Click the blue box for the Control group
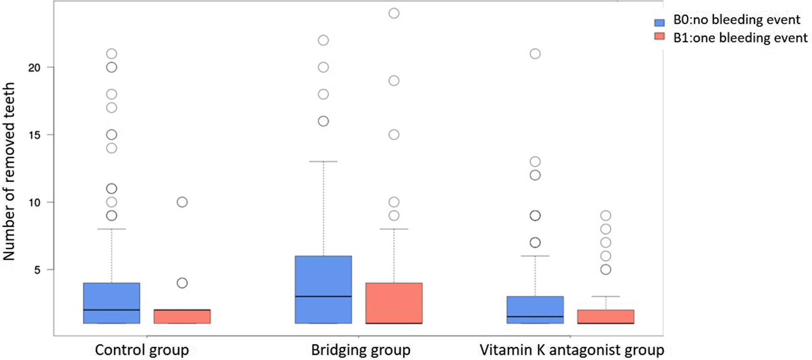tap(111, 303)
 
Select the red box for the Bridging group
tap(394, 303)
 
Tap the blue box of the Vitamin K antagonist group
tap(535, 310)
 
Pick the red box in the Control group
tap(182, 316)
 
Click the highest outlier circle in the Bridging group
tap(394, 13)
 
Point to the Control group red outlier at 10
tap(182, 202)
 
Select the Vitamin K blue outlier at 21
tap(535, 54)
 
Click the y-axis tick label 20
tap(34, 67)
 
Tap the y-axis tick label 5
tap(37, 270)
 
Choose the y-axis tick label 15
tap(34, 135)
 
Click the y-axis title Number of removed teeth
tap(9, 172)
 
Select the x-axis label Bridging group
tap(361, 350)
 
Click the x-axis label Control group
tap(142, 350)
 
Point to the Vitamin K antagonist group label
tap(572, 350)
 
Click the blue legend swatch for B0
tap(659, 21)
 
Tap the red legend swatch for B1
tap(659, 37)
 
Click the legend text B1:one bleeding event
tap(740, 38)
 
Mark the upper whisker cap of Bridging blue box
tap(323, 161)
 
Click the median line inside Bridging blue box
tap(323, 296)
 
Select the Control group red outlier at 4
tap(182, 283)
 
